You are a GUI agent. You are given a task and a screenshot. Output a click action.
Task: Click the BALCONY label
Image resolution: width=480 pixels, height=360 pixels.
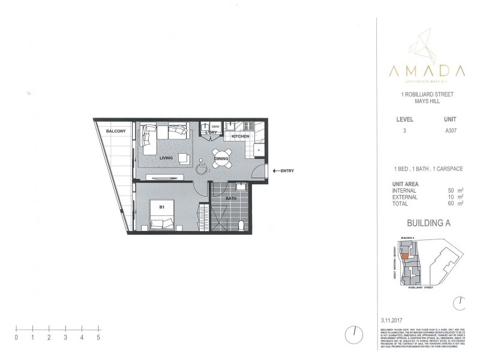[115, 131]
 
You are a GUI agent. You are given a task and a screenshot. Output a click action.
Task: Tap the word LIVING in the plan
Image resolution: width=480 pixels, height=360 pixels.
[167, 158]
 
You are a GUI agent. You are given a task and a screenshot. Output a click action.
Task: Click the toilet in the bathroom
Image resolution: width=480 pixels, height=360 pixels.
[241, 225]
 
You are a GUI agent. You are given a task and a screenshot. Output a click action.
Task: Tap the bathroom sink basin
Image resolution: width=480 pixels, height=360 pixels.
[238, 187]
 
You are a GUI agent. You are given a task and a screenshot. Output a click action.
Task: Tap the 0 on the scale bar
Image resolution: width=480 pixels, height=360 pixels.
[16, 338]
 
